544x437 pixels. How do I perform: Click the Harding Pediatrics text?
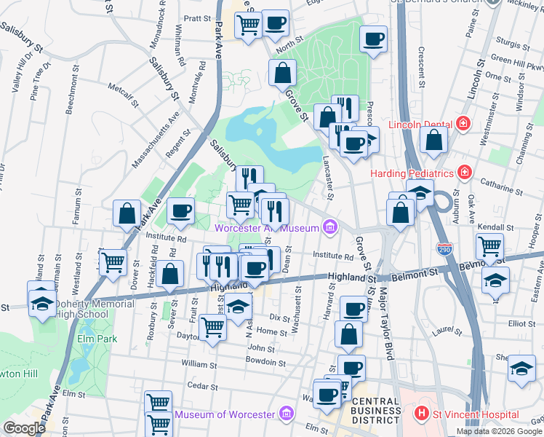[x=412, y=173]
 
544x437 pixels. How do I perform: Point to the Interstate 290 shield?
[x=444, y=249]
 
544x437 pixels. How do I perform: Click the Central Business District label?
[x=375, y=410]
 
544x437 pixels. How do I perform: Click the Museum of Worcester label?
[x=225, y=415]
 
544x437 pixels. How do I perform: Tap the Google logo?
[x=24, y=428]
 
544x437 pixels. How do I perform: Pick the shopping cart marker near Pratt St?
[x=248, y=25]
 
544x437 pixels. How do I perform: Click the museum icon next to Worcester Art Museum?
[x=330, y=228]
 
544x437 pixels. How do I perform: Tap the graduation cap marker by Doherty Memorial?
[x=41, y=303]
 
